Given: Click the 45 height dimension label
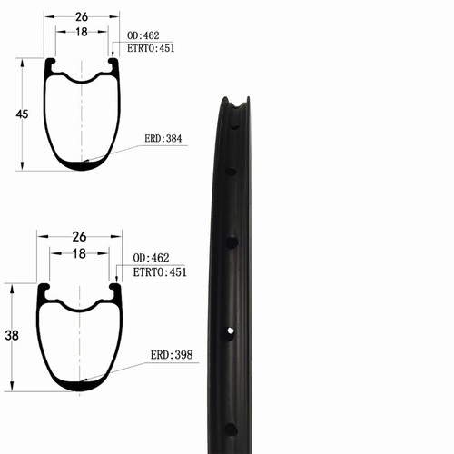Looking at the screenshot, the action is [22, 114].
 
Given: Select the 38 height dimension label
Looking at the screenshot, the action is [12, 335].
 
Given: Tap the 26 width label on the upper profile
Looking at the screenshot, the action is [82, 17].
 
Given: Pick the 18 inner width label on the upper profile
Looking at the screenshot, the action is [82, 32].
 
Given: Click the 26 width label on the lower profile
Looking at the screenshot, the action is [79, 237].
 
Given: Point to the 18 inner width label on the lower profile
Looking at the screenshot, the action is [79, 253].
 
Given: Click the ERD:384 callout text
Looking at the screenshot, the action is [163, 139].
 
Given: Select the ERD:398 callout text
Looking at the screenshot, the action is [172, 355].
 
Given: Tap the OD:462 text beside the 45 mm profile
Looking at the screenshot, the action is [143, 35].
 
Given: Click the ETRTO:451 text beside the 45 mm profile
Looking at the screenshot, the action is [151, 48].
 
